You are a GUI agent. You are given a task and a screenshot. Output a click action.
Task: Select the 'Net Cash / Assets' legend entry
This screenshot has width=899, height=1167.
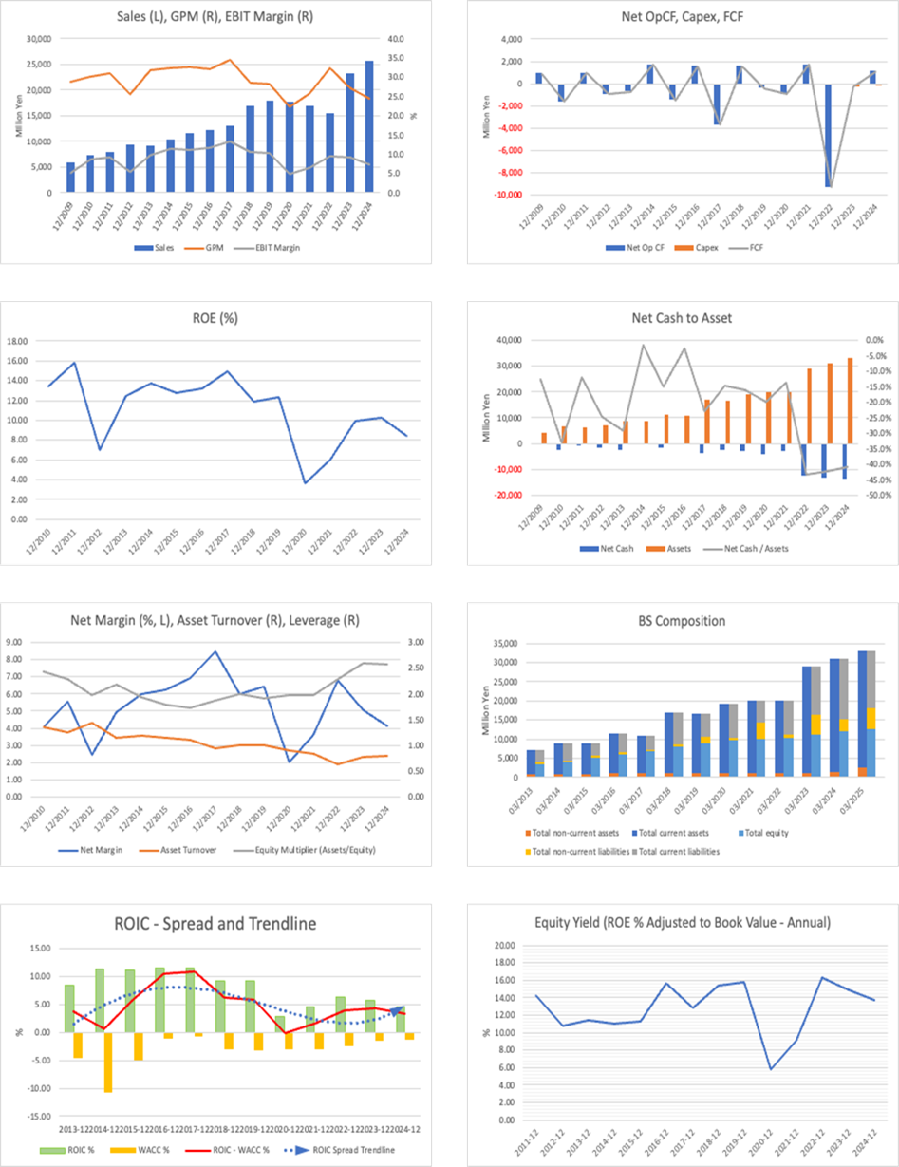[750, 548]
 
